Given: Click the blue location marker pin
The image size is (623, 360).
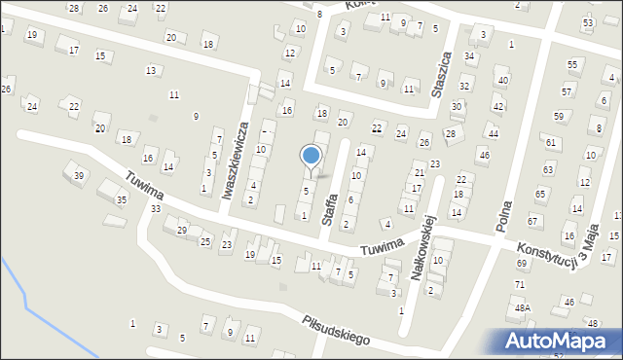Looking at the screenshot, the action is (x=311, y=157).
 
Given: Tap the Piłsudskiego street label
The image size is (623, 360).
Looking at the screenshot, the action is (x=335, y=330).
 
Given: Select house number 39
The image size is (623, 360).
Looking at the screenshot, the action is (x=79, y=174).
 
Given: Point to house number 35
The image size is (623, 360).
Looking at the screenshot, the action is (x=122, y=199).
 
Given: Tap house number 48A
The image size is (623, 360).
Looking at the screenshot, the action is (x=523, y=307).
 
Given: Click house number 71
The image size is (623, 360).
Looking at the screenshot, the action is (x=519, y=284).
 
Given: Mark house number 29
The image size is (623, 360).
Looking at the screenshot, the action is (x=181, y=230).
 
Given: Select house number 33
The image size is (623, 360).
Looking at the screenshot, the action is (x=155, y=208).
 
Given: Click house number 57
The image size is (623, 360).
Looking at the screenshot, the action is (x=566, y=90).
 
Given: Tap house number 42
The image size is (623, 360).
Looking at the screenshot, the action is (x=498, y=106).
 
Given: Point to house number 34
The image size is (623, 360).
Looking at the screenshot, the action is (x=469, y=55).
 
